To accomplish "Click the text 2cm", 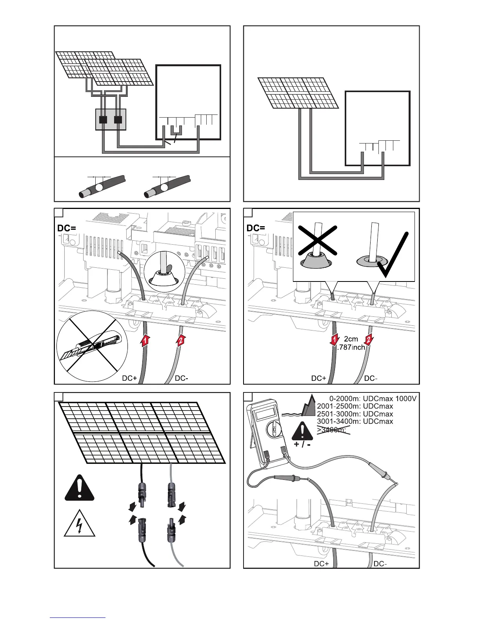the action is tap(351, 339).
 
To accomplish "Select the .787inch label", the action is tap(351, 347).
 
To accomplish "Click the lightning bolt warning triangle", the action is tap(80, 524).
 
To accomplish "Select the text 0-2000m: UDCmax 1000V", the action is tap(373, 399).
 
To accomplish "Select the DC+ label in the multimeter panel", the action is tap(321, 564).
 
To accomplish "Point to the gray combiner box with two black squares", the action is tap(111, 120).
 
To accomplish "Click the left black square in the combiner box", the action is tap(104, 120).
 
